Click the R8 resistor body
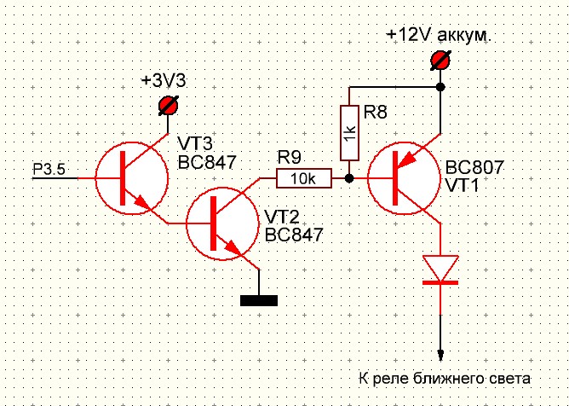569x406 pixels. click(x=350, y=133)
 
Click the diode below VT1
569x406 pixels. click(x=440, y=270)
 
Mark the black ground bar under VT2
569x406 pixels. click(x=259, y=299)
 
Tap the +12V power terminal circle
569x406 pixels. click(x=440, y=61)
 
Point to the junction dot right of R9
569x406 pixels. click(x=350, y=178)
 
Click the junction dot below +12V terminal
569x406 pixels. click(x=440, y=87)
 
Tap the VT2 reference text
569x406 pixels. click(x=280, y=217)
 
